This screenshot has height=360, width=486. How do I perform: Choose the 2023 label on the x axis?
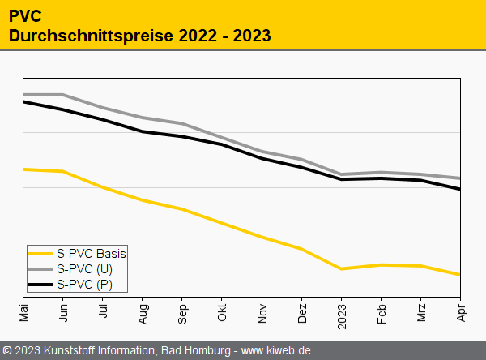(x=341, y=311)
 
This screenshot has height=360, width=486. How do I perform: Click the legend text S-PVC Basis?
(x=92, y=253)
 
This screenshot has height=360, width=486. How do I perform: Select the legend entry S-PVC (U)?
(x=85, y=268)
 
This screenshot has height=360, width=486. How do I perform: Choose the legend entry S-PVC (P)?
(x=85, y=284)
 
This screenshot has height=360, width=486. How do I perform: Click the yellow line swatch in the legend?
(x=40, y=253)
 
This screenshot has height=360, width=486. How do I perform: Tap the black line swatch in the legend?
(x=40, y=284)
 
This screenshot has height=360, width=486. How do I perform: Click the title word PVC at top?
(x=26, y=16)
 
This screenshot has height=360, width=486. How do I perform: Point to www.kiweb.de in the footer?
(x=276, y=350)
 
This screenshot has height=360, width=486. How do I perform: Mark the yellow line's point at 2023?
(x=341, y=269)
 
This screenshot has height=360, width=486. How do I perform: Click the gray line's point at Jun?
(x=63, y=95)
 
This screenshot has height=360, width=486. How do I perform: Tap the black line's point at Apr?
(x=460, y=189)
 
